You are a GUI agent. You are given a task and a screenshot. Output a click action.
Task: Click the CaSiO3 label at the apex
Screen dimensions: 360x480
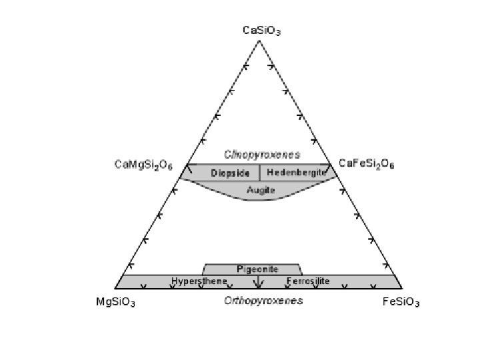pos(261,30)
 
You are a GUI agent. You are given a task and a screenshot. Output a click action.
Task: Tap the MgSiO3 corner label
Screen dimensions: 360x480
pos(116,303)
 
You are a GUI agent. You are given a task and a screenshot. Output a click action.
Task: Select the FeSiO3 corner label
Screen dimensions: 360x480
pos(401,303)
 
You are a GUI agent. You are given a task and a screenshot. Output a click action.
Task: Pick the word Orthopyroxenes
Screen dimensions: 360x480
pos(263,301)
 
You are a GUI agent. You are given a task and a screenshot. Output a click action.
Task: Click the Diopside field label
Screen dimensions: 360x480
pos(231,173)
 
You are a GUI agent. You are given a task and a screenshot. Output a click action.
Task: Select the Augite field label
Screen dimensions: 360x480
pos(261,190)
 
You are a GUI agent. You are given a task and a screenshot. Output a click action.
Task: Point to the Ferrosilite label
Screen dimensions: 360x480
pos(308,281)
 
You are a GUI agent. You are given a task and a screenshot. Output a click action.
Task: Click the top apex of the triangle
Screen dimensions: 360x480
pos(259,41)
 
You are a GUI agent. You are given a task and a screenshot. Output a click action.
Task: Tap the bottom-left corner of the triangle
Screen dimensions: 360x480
pos(115,289)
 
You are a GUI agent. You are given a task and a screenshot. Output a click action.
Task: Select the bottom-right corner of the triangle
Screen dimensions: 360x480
pos(403,289)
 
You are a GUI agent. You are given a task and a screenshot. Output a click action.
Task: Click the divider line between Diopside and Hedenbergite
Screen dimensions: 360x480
pos(259,173)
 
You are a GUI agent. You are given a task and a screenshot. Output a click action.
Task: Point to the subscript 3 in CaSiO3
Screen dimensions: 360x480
pos(279,33)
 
